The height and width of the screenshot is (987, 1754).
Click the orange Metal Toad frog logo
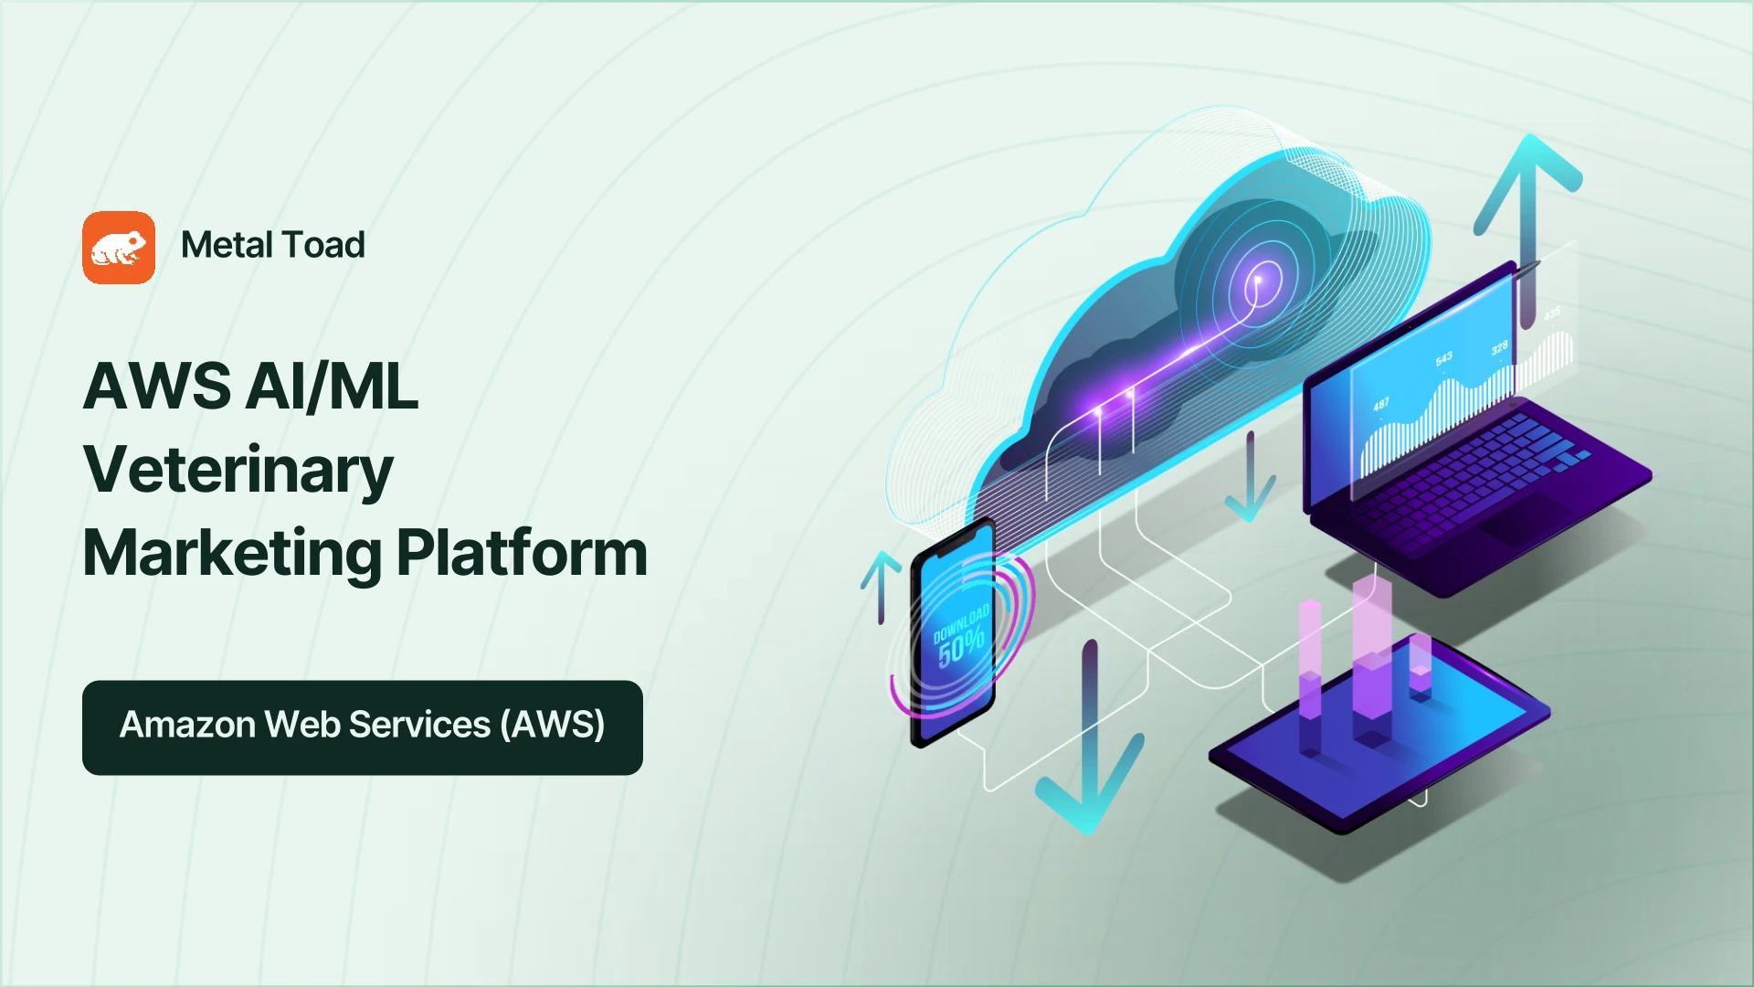[x=119, y=248]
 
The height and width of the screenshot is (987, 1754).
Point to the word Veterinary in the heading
[x=238, y=471]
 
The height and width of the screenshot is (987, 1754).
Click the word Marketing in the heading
[x=233, y=554]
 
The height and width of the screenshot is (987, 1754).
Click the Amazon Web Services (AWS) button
[x=363, y=727]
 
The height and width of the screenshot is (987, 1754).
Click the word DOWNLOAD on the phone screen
[x=960, y=622]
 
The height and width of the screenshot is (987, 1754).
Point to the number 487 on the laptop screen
[x=1380, y=404]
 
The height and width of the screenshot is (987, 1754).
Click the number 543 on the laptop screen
[x=1443, y=358]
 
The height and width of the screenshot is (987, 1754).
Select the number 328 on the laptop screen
[x=1499, y=348]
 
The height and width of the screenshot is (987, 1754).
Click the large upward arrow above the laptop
[x=1527, y=228]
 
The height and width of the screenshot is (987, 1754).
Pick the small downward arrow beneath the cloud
[x=1250, y=476]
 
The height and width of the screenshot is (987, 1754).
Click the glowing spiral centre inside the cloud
[x=1258, y=280]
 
